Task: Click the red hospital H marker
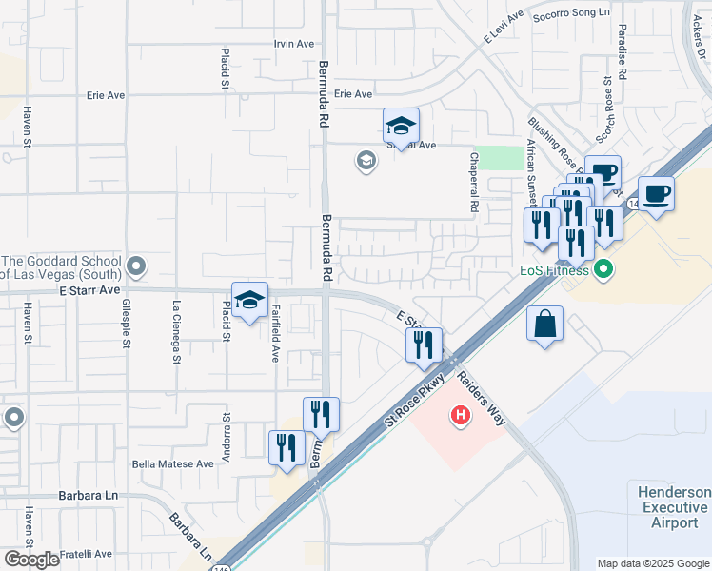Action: (x=461, y=416)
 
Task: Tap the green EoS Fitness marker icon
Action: (x=601, y=271)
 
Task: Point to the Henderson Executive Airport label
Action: (x=674, y=506)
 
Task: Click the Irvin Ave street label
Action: (x=293, y=44)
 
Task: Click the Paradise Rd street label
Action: (x=623, y=52)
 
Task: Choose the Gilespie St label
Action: (x=126, y=323)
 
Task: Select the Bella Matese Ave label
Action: (x=173, y=464)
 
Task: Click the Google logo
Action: (x=32, y=560)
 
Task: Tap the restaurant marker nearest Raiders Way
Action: (x=425, y=345)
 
